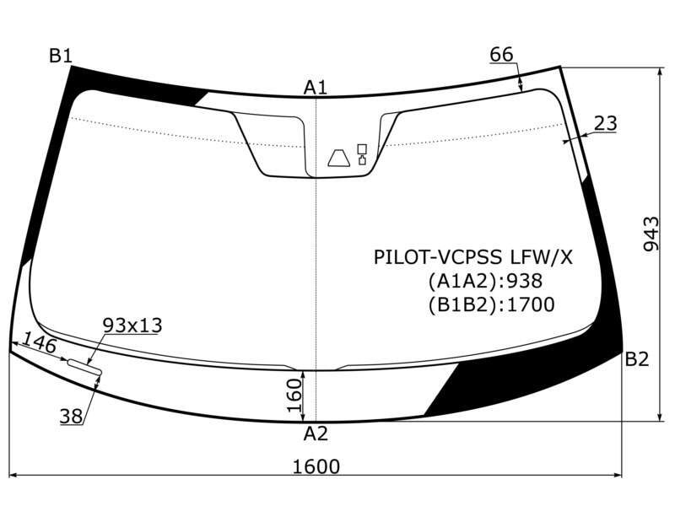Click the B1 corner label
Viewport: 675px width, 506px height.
[x=60, y=56]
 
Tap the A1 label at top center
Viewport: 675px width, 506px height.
[x=316, y=88]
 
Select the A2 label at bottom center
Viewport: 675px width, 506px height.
[x=316, y=433]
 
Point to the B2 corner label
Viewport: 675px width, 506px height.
[x=637, y=359]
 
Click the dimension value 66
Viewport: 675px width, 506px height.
[x=501, y=55]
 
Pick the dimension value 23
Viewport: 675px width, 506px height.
[x=605, y=123]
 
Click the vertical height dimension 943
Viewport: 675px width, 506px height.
[x=651, y=234]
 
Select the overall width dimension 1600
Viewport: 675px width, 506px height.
[x=316, y=466]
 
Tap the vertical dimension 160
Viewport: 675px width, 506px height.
[x=294, y=395]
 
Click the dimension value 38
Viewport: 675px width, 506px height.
[x=72, y=416]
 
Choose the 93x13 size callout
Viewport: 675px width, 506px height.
[x=132, y=326]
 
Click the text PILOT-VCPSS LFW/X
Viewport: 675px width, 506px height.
[x=473, y=257]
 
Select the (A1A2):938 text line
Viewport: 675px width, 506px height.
[x=485, y=281]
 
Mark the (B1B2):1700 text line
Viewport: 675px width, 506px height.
[x=491, y=304]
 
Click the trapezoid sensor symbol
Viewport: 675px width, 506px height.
[x=339, y=158]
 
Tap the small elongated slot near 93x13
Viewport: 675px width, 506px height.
[x=84, y=366]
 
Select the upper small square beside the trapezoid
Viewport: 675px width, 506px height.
[x=362, y=149]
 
